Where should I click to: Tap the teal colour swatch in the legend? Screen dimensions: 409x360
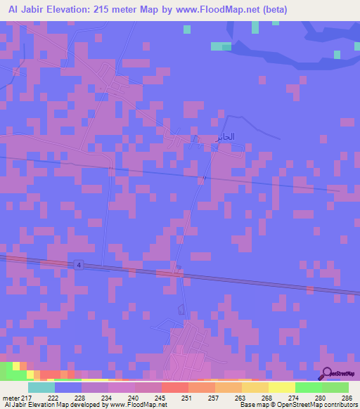pos(41,387)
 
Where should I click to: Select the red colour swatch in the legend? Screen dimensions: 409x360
pos(174,387)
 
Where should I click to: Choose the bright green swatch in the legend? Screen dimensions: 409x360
pos(308,387)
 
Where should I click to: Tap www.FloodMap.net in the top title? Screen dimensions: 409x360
pos(216,9)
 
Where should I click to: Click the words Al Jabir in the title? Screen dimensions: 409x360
pos(27,9)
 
